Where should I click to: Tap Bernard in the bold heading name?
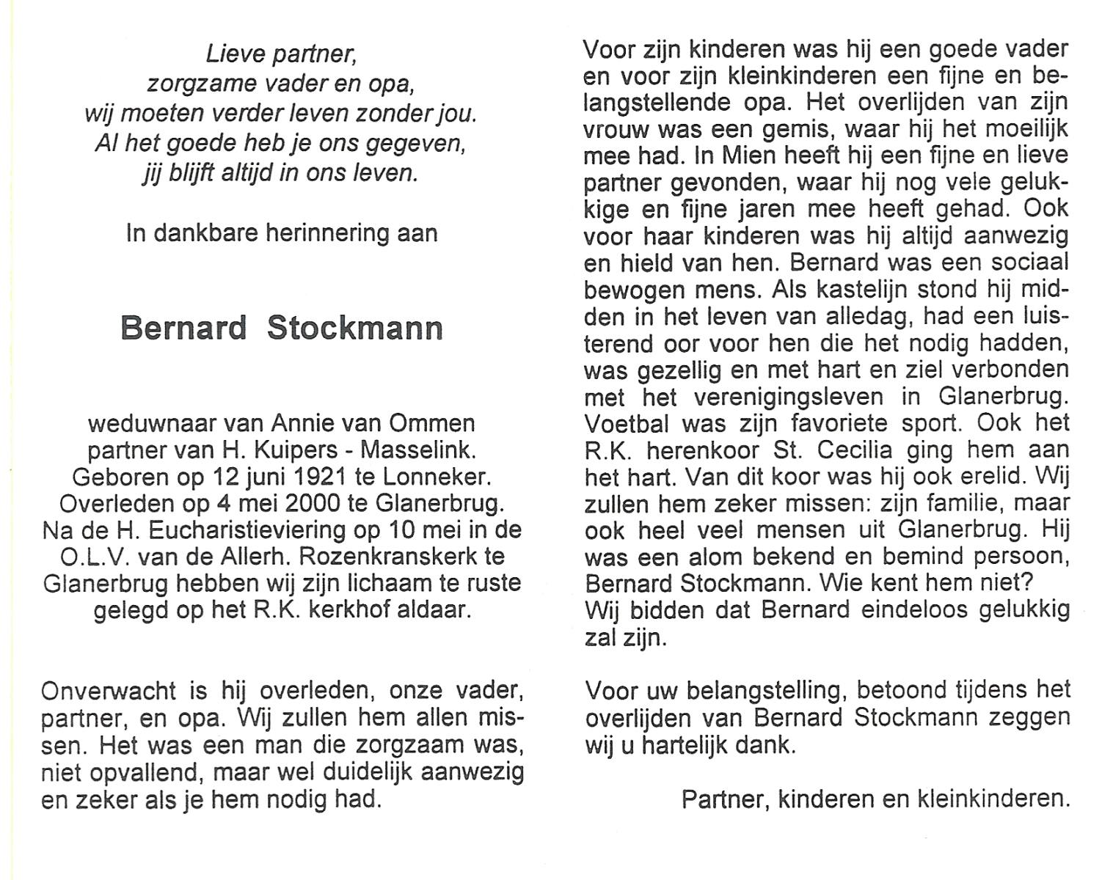click(183, 328)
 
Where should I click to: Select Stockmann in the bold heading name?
click(355, 328)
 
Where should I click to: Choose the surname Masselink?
click(423, 450)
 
